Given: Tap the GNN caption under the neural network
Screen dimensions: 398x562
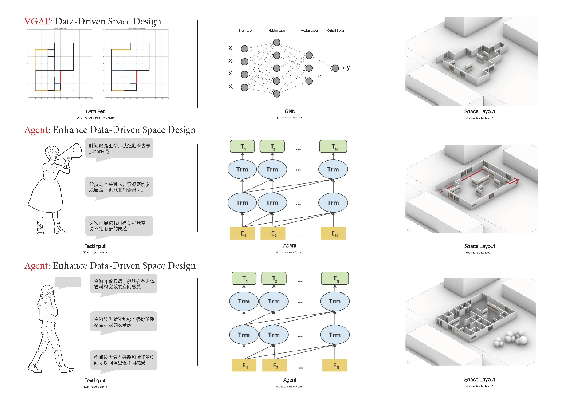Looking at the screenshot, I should (290, 111).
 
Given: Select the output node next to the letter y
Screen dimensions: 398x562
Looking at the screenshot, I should (335, 68).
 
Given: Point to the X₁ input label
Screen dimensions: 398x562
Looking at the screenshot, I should (231, 47).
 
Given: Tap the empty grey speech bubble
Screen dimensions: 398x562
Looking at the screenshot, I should (68, 282).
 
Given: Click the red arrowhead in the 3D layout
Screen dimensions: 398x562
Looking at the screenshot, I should (516, 181).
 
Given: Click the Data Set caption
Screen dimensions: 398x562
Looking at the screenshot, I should (95, 111).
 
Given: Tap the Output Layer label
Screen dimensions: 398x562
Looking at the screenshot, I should (335, 31).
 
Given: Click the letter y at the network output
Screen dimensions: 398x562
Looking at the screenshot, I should (348, 67).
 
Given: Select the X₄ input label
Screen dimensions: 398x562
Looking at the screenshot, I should (231, 86).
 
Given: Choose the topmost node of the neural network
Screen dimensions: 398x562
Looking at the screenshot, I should (277, 42).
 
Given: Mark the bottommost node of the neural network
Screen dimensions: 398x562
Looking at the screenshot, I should (277, 94).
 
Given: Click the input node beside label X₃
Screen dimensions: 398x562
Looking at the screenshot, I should (244, 74).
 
